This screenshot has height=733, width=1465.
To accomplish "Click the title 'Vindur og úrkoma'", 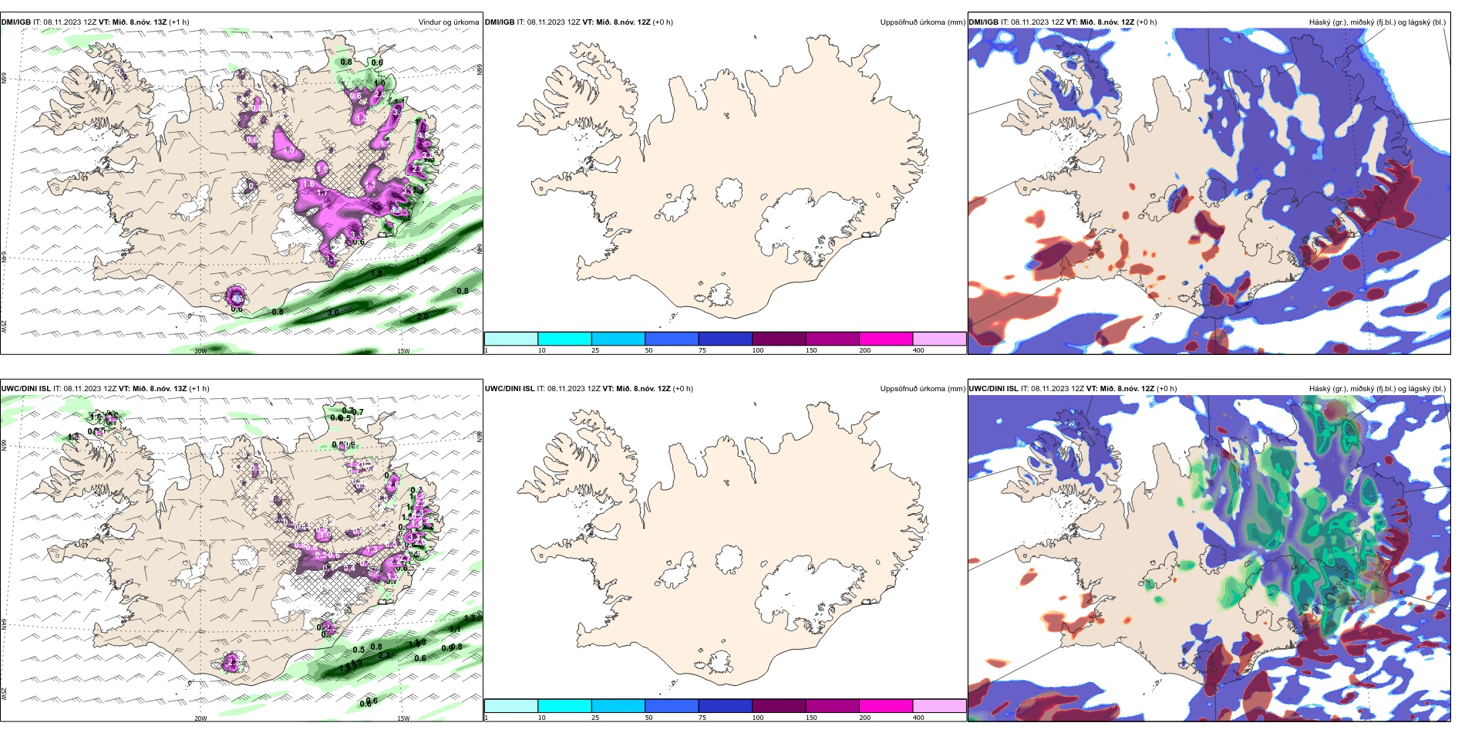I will pos(448,22).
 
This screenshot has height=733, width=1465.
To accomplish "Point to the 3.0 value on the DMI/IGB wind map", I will pos(333,312).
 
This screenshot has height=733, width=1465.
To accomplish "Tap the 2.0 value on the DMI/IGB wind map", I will pos(422,317).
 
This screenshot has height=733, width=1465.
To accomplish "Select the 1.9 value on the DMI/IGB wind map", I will pos(376,273).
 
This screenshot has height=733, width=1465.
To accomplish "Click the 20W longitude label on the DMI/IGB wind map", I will pos(200,351).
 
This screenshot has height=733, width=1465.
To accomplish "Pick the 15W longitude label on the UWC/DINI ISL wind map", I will pos(402,718).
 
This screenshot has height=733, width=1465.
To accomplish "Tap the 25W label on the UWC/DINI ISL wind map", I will pos(4,694).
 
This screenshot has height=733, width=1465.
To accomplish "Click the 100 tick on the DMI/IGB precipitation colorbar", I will pos(758,350).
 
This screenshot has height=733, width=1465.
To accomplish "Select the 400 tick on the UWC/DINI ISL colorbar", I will pos(918,718).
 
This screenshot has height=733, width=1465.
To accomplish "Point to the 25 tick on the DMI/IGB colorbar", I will pos(595,350).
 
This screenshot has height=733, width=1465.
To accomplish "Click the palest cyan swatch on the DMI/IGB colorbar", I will pos(511,339).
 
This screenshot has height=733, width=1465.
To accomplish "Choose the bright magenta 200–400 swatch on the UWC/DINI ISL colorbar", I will pos(886,706).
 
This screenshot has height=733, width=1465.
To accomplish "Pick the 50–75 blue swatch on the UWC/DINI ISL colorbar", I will pos(672,706).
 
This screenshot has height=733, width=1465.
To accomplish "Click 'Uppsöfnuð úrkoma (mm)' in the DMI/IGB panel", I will pos(922,22).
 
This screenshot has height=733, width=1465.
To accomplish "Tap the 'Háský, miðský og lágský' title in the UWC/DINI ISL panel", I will pos(1377,389).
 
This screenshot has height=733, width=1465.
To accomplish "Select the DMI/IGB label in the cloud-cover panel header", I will pos(983,22).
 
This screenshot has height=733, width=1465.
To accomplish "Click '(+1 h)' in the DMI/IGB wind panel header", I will pos(179,22).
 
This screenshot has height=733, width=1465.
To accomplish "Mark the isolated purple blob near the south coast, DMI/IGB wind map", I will pos(236,296).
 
